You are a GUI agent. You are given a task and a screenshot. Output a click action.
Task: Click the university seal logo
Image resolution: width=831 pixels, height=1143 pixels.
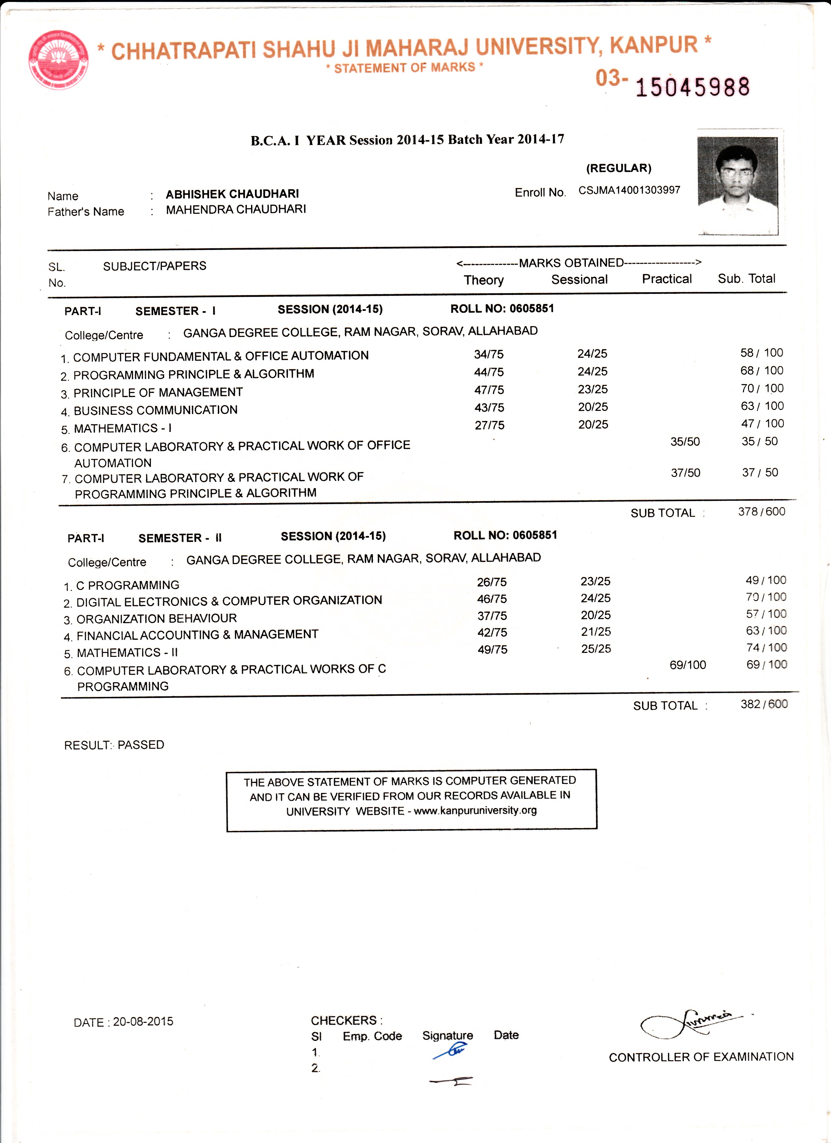[58, 60]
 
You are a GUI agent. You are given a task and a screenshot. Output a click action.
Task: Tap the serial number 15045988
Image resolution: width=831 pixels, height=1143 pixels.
[693, 87]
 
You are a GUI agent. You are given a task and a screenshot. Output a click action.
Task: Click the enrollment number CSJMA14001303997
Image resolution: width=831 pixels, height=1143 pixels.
[629, 190]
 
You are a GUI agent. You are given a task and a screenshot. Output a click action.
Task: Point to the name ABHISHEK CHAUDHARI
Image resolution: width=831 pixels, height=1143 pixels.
[232, 194]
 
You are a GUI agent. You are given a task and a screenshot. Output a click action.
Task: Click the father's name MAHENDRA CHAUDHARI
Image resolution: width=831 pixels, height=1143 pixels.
[236, 209]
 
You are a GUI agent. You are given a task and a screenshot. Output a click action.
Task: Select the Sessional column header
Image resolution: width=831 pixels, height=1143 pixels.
[579, 280]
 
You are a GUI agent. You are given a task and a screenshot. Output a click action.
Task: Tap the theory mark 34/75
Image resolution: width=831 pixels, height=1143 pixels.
[488, 354]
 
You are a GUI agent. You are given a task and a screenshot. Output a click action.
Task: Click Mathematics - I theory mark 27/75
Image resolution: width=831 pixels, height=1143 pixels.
[489, 425]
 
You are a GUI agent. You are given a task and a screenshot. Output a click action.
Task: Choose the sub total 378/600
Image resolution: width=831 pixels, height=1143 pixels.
[762, 512]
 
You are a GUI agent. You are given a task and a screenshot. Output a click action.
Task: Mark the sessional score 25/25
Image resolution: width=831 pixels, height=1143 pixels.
[596, 649]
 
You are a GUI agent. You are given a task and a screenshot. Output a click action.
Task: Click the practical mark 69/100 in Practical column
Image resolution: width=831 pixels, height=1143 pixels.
[687, 665]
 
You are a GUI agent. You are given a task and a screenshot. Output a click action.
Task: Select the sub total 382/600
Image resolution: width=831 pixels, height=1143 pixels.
[764, 704]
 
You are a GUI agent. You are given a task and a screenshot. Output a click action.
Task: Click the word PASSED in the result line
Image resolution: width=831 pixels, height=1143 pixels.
[141, 745]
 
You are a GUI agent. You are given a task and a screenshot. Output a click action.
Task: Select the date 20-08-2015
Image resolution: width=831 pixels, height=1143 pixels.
[143, 1021]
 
